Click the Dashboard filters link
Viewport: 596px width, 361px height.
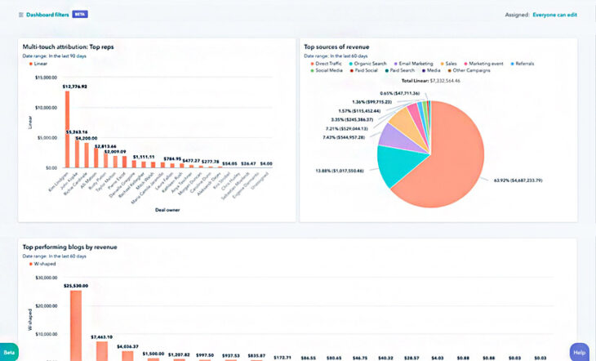point(47,15)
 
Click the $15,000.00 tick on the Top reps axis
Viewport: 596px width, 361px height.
point(45,78)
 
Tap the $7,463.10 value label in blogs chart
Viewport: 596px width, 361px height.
point(103,336)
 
